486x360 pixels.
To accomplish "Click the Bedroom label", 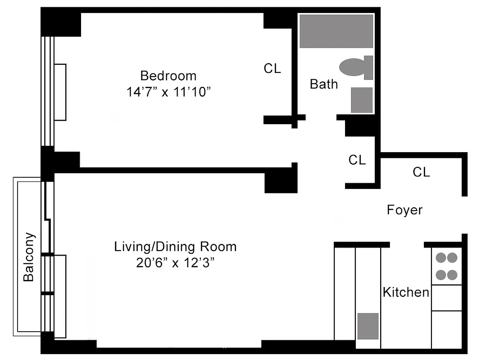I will [x=168, y=75].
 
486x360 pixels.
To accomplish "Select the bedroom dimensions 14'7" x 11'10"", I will [x=168, y=92].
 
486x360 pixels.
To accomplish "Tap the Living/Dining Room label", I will [x=175, y=247].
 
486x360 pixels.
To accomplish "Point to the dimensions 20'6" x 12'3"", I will [x=175, y=263].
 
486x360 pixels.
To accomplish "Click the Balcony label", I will [x=29, y=256].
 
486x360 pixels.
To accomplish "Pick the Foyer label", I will [x=404, y=210].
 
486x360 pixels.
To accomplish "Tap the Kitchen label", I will [x=406, y=292].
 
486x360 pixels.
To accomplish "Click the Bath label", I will [x=323, y=84].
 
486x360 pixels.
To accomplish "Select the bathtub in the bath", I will [x=336, y=31].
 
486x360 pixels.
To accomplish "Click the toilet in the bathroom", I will [x=355, y=67].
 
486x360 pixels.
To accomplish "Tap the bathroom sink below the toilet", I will [x=362, y=100].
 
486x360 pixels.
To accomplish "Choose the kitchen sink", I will [x=368, y=326].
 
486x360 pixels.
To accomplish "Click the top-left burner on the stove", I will [x=440, y=258].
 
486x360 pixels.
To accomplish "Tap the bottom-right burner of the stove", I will [x=452, y=274].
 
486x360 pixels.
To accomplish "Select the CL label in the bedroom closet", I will [x=272, y=68].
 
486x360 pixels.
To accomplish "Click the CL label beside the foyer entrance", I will [x=421, y=171].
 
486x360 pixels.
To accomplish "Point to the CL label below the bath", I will [x=357, y=160].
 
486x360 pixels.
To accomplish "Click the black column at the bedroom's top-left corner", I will [x=61, y=25].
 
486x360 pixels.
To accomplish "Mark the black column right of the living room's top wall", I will [x=280, y=181].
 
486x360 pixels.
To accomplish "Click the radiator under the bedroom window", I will [x=60, y=92].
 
